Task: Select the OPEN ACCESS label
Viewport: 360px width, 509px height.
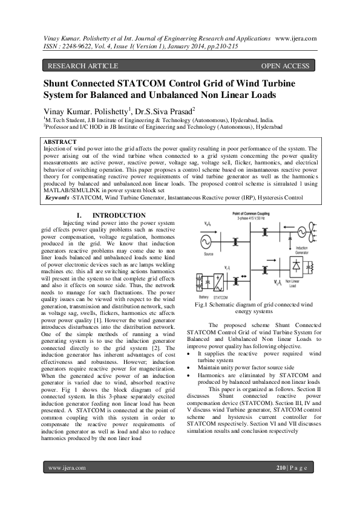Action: pos(285,65)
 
